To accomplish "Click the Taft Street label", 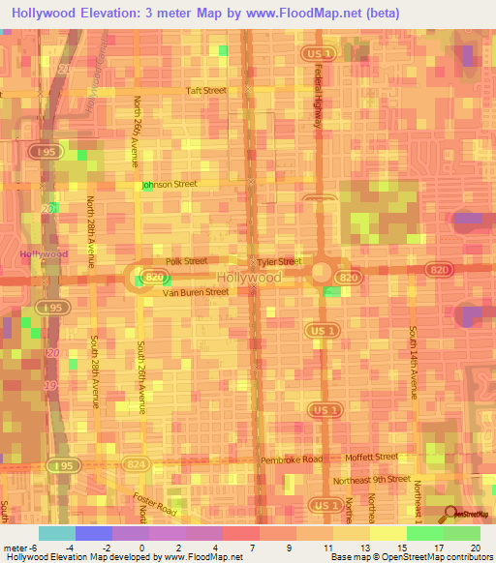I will [206, 91].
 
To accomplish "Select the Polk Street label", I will [186, 261].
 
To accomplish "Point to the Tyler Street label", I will [279, 262].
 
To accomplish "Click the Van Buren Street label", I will [195, 291].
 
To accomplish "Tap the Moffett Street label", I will [373, 457].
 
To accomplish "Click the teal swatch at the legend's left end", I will [56, 533].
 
